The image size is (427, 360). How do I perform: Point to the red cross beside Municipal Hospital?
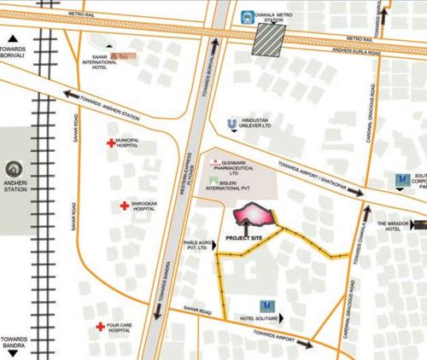coord(108,144)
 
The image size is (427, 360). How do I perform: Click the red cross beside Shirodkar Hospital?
coord(126,206)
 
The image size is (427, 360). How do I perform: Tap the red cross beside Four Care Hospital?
coord(102,326)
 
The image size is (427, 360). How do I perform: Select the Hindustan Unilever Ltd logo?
coord(231,125)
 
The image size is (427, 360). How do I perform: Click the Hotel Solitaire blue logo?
coord(266,305)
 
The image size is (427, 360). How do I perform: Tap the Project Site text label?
coord(244,238)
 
